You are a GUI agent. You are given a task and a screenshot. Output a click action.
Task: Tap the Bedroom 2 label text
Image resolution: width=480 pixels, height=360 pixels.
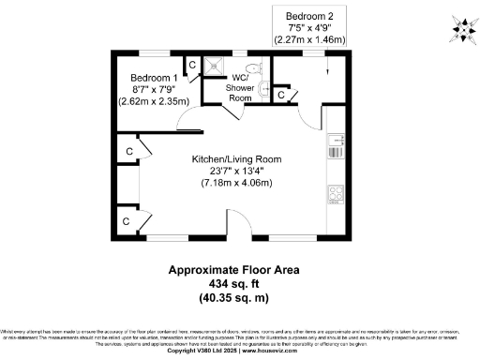coord(309,16)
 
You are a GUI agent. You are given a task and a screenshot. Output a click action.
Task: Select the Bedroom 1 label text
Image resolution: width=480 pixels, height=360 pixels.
coord(154,77)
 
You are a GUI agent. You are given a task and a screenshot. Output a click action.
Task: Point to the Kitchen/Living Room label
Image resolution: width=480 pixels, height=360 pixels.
coord(236,159)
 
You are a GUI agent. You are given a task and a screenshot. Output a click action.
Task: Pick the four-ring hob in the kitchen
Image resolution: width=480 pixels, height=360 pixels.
coord(336,195)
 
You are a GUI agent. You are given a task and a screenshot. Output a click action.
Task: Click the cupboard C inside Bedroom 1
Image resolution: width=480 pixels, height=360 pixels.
coord(191,65)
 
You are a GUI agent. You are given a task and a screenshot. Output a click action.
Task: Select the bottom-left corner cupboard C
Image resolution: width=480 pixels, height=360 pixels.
coord(126,221)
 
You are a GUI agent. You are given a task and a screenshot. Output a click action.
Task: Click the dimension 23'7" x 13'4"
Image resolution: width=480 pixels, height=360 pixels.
coord(236,172)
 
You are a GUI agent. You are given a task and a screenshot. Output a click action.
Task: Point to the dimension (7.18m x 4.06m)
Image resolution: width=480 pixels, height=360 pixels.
coord(236,183)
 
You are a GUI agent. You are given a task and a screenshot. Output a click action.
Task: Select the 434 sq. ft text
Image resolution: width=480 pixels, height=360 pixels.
coord(239,283)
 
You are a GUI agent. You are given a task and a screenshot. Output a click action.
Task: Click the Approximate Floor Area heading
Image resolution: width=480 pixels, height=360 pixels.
coord(239,269)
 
